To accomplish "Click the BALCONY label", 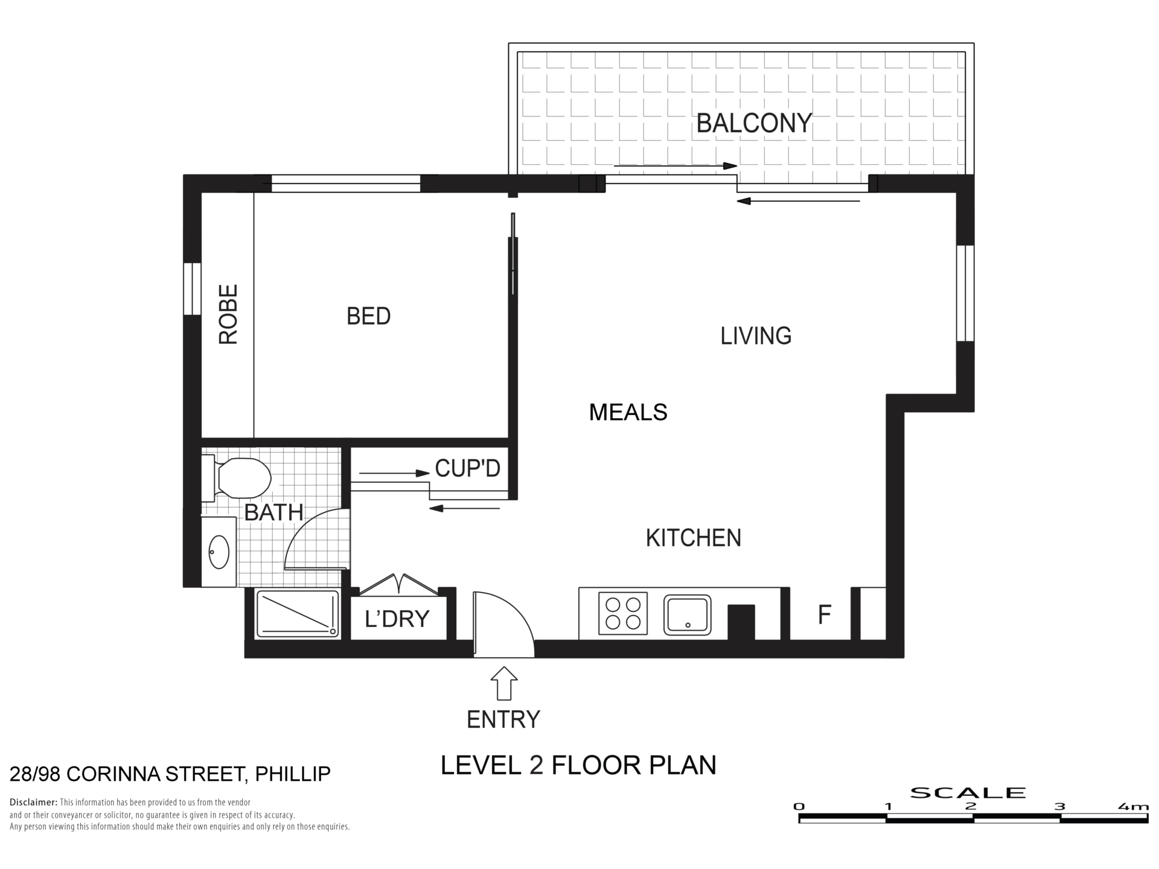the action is pyautogui.click(x=754, y=123).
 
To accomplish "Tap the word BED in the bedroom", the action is pyautogui.click(x=368, y=316).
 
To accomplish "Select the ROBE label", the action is pyautogui.click(x=228, y=314).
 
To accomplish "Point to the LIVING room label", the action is pyautogui.click(x=756, y=336).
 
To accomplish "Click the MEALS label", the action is pyautogui.click(x=628, y=412).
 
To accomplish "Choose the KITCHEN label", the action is pyautogui.click(x=694, y=538).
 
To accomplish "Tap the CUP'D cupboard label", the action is pyautogui.click(x=468, y=468).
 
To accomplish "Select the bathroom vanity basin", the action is pyautogui.click(x=219, y=552).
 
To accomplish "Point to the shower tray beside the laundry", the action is pyautogui.click(x=298, y=614).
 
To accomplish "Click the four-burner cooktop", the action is pyautogui.click(x=623, y=613).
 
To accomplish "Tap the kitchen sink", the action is pyautogui.click(x=687, y=615).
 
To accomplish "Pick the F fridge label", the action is pyautogui.click(x=824, y=615).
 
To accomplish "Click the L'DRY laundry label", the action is pyautogui.click(x=397, y=619).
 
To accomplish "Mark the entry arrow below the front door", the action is pyautogui.click(x=504, y=683).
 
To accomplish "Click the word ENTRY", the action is pyautogui.click(x=503, y=719).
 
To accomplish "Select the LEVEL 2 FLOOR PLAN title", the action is pyautogui.click(x=578, y=765).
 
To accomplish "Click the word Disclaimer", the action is pyautogui.click(x=33, y=803).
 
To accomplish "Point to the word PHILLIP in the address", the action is pyautogui.click(x=293, y=774).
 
